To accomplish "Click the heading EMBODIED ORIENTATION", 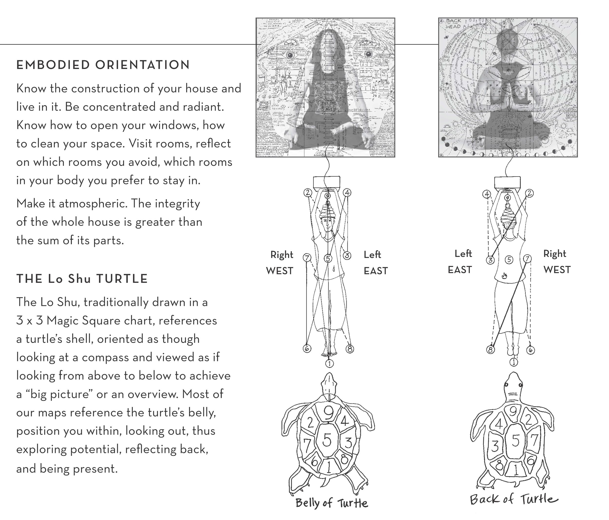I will click(103, 65).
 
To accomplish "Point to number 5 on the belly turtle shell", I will click(327, 440).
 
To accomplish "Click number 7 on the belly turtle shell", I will click(306, 445).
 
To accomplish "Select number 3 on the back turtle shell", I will click(495, 446).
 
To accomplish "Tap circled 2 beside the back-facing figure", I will click(530, 193).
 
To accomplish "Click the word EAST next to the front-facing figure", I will click(376, 271).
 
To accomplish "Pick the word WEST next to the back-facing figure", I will click(557, 270).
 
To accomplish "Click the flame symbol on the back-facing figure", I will click(504, 276).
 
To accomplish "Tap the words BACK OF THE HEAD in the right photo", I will click(453, 24).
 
